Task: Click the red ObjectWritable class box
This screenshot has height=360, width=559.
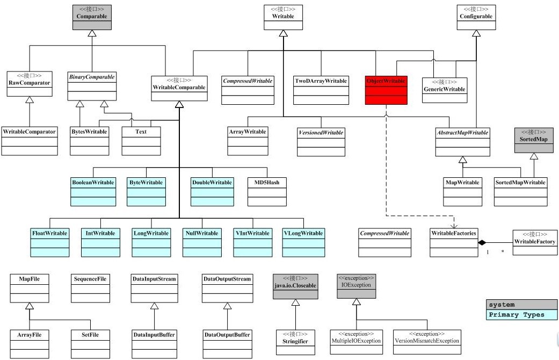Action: (386, 90)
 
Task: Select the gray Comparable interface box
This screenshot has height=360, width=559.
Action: (92, 17)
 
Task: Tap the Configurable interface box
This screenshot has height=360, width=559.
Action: (476, 17)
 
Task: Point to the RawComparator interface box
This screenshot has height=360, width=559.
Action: (30, 84)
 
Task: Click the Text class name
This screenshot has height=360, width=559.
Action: (141, 132)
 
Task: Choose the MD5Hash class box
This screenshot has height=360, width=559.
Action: (267, 192)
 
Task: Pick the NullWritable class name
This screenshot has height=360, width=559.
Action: (202, 233)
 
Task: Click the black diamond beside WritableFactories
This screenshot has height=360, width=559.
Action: (482, 243)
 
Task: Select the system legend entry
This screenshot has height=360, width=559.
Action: (521, 305)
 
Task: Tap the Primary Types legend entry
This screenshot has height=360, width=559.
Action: (521, 315)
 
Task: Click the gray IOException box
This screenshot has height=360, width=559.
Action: (356, 286)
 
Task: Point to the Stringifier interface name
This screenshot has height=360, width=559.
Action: (295, 341)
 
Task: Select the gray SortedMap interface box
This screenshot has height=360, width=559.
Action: (534, 140)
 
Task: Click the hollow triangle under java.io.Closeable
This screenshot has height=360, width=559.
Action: (295, 303)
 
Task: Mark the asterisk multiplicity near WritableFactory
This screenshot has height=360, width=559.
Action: (503, 252)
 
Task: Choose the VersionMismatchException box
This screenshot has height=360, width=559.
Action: (427, 342)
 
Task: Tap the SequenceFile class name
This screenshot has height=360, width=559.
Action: (90, 279)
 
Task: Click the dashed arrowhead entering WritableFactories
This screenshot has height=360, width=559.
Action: (454, 226)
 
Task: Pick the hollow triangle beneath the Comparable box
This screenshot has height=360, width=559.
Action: (92, 33)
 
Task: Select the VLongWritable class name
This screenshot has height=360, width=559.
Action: (303, 233)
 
